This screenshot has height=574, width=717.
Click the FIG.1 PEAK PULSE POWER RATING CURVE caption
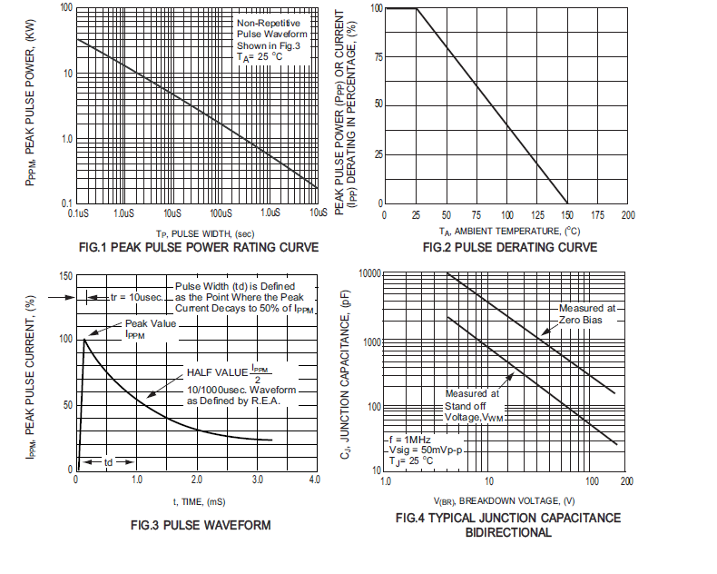pos(199,247)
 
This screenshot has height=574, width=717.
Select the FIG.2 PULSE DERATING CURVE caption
pos(509,248)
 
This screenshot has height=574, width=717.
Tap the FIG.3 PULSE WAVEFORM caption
pos(200,524)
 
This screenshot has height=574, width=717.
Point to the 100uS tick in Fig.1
pos(221,213)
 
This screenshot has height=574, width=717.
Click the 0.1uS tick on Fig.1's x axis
pos(78,213)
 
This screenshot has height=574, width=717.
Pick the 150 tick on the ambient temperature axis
pos(567,215)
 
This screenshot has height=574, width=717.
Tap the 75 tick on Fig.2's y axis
pos(377,55)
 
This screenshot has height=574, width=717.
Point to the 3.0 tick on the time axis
pos(255,479)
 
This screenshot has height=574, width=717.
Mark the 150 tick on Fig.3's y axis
pos(64,272)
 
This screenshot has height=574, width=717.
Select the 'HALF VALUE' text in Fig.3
pos(218,372)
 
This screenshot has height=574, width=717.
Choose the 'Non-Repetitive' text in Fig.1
pos(265,21)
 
